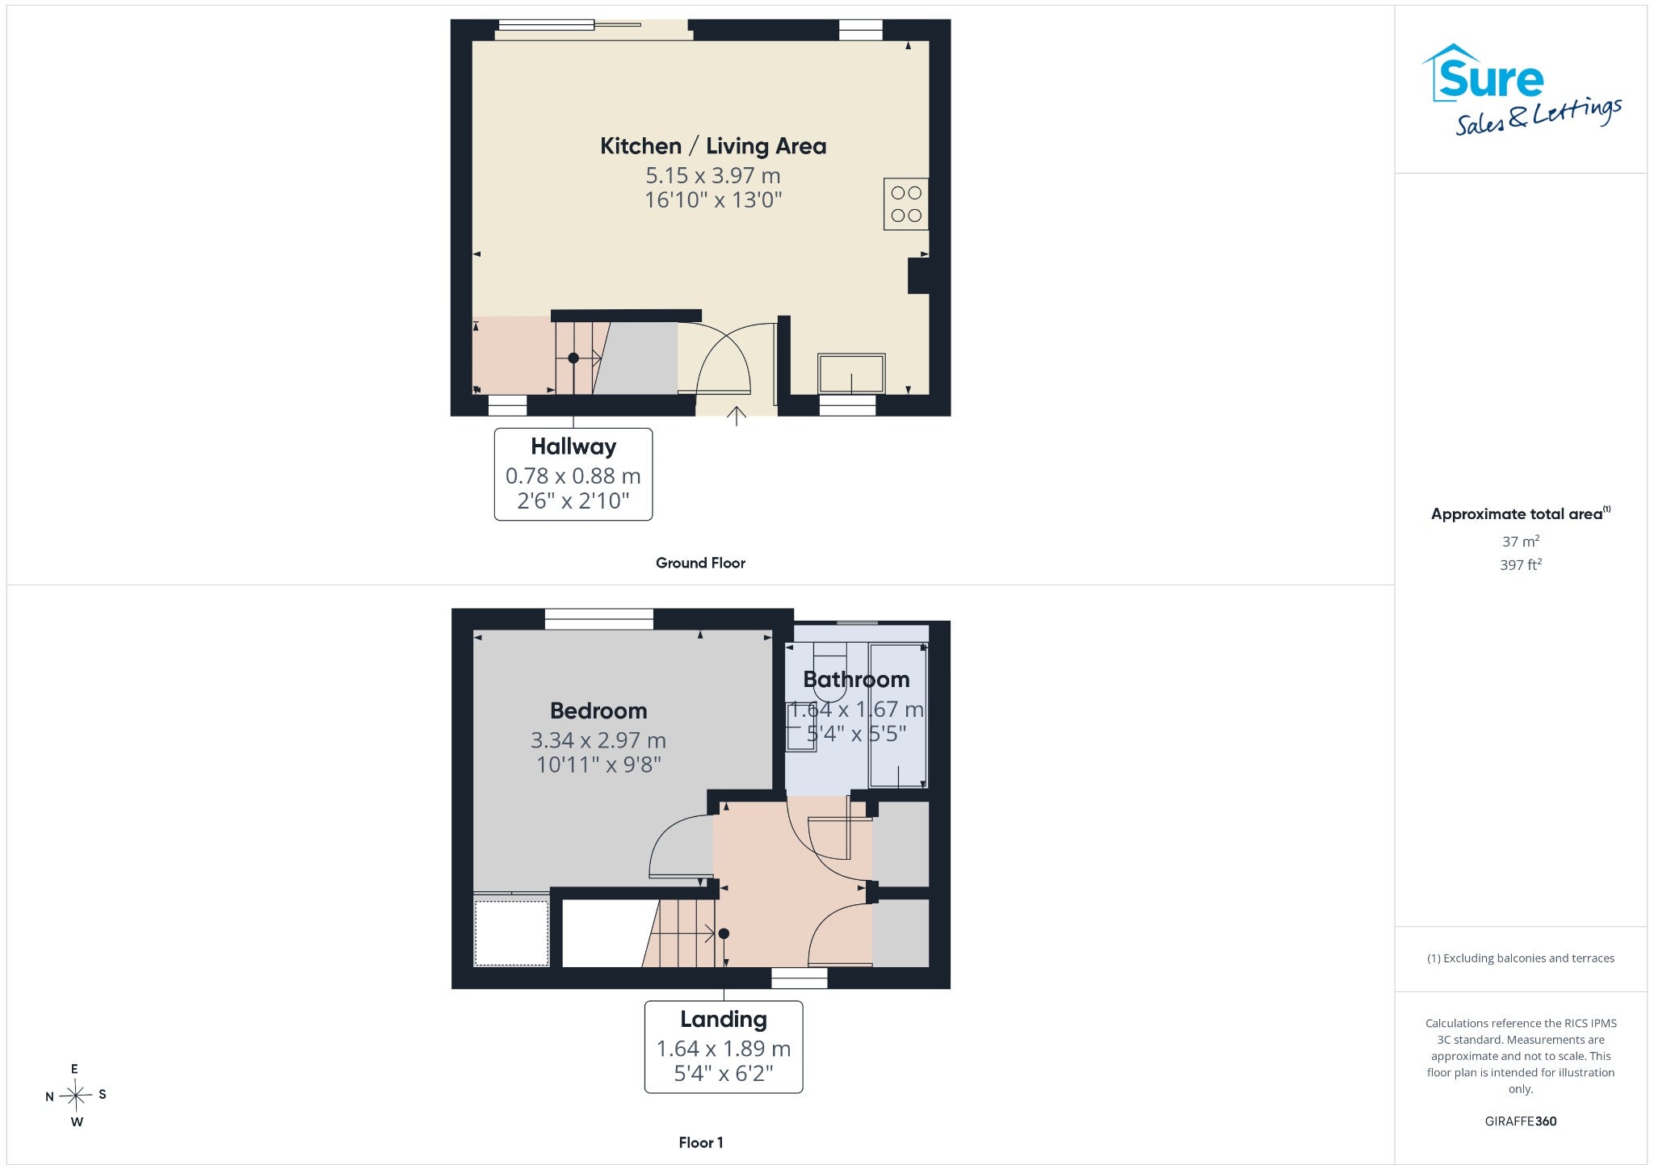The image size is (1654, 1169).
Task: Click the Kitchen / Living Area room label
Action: coord(713,146)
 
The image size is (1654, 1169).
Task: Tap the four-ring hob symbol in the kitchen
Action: coord(906,204)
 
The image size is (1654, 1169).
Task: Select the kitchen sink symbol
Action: coord(851,374)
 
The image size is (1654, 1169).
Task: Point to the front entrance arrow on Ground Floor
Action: coord(736,416)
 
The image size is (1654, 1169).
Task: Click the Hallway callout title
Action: coord(573,446)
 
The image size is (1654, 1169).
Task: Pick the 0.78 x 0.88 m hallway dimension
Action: coord(573,476)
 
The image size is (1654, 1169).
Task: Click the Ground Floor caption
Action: coord(700,563)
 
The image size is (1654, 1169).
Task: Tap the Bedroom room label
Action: coord(598,710)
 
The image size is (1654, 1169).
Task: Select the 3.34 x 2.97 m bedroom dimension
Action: coord(598,740)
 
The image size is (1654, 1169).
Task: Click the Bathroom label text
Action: coord(856,680)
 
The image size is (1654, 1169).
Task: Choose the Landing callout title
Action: coord(724,1020)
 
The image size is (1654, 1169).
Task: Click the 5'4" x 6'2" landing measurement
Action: coord(724,1073)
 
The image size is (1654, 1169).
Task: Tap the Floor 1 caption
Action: coord(701,1142)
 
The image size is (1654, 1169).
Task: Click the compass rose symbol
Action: coord(76,1096)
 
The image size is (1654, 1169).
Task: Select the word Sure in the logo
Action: coord(1491,79)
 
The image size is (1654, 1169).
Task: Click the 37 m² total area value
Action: coord(1521,541)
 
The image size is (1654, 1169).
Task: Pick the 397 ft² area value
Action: coord(1521,564)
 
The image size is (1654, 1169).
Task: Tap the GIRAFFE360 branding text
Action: coord(1521,1121)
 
